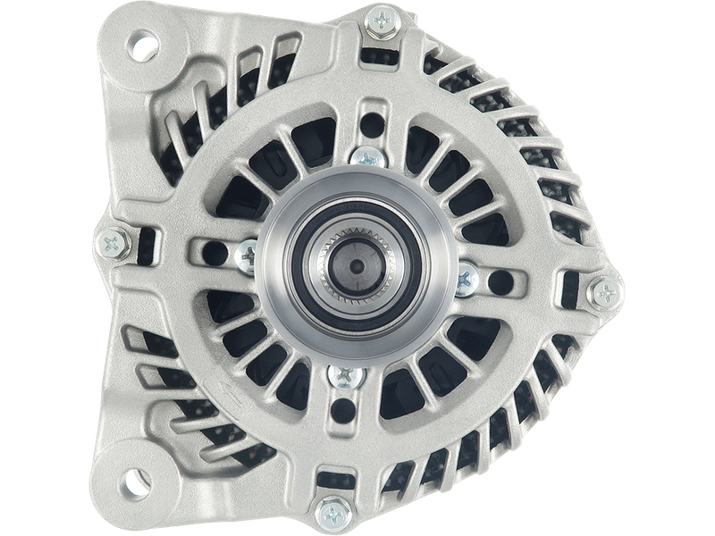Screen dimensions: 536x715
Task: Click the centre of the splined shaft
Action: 355,268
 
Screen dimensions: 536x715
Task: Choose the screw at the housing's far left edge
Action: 111,240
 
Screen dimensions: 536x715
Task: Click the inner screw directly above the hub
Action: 366,158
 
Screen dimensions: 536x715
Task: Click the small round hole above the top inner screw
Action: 369,119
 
